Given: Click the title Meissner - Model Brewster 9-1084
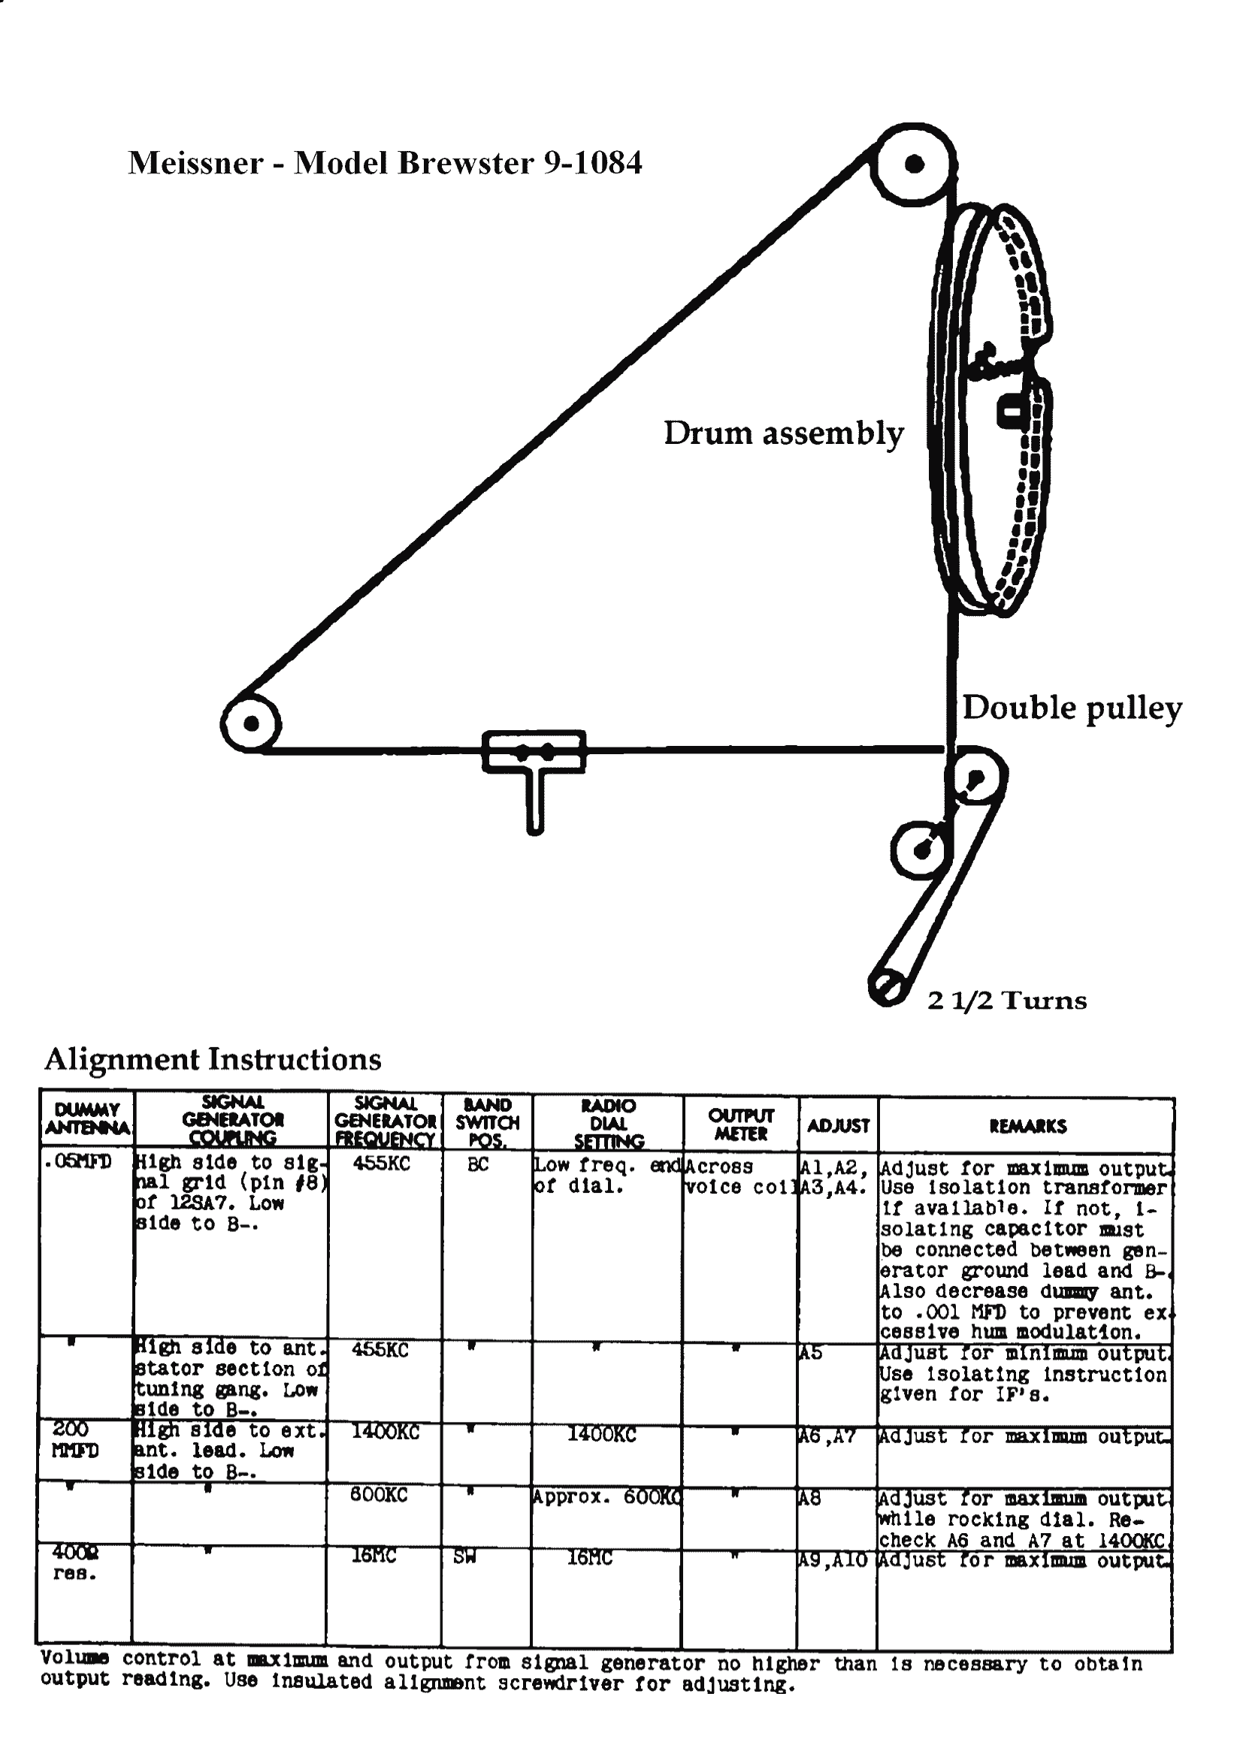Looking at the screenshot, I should (384, 163).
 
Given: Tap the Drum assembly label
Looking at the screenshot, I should (783, 433).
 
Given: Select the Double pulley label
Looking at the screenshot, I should (1072, 708).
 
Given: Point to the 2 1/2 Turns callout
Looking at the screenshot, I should (1006, 1001).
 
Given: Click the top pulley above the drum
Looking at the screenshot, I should (914, 163).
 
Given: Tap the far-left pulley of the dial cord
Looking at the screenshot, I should (250, 723).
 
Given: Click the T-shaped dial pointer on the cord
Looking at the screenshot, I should (534, 773).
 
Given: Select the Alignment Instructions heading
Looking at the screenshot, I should (213, 1060).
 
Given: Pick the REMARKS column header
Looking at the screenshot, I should (1027, 1126).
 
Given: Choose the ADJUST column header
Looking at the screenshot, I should (838, 1126).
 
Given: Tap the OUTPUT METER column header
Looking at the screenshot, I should (740, 1125).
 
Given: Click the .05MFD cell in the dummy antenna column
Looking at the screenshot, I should (78, 1161).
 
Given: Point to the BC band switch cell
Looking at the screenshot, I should (478, 1166).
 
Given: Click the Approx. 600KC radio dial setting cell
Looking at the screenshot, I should (607, 1497).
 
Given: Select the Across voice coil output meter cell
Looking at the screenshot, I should (739, 1177).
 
